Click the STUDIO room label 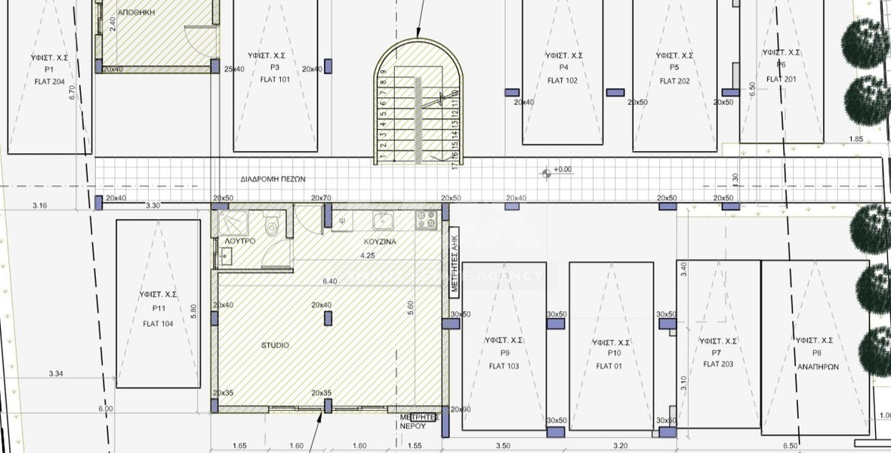coord(275,345)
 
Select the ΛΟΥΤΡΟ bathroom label coord(240,241)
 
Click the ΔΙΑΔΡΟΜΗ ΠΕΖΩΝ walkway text coord(273,179)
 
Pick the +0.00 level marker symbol coord(546,174)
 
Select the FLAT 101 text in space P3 coord(275,79)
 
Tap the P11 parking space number coord(159,309)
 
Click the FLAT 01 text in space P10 coord(609,366)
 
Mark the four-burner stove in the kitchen coord(426,220)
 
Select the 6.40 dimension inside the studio coord(329,281)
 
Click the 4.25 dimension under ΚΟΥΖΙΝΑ coord(368,256)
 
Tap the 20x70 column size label coord(321,198)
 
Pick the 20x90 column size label coord(460,409)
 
